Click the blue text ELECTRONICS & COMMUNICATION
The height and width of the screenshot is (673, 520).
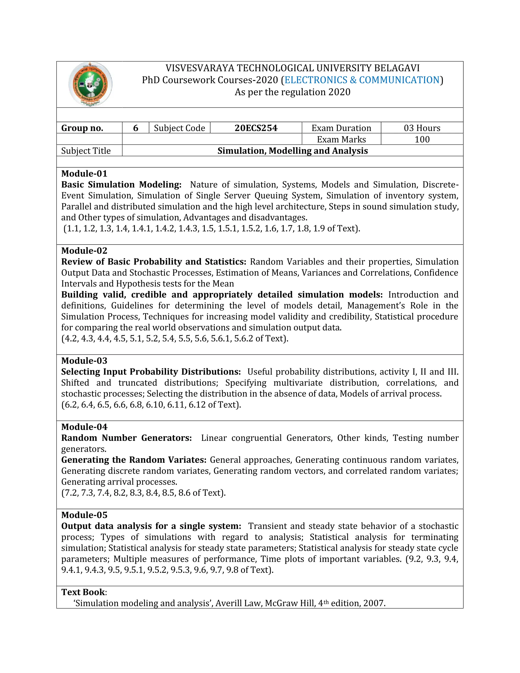point(362,80)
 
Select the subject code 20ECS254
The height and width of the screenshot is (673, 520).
point(256,128)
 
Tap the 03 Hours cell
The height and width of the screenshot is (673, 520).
point(422,128)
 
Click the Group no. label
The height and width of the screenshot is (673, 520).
point(82,128)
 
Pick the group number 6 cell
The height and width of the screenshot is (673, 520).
point(136,128)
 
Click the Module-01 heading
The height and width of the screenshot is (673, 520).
point(84,173)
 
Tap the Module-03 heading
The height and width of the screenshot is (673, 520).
point(84,361)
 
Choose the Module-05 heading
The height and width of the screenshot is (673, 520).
point(84,515)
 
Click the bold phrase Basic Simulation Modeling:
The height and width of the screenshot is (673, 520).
point(121,185)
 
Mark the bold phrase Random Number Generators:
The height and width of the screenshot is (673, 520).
point(126,438)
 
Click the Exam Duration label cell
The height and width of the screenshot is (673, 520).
point(341,128)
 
